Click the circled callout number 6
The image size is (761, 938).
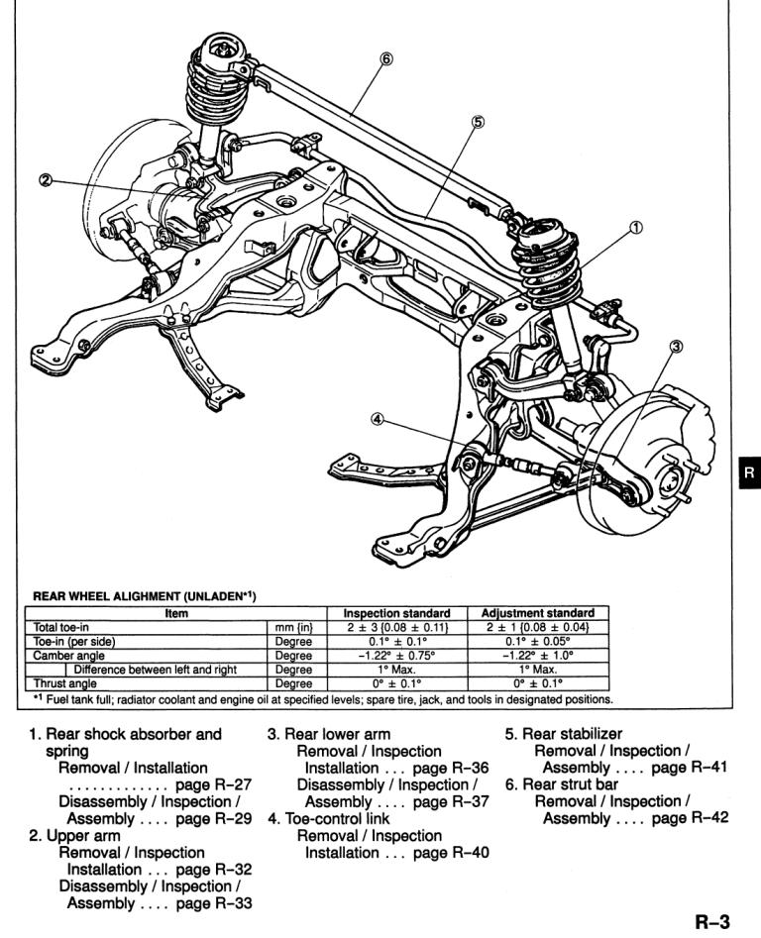point(386,58)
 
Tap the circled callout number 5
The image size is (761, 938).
point(478,122)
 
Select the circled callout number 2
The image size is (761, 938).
point(46,179)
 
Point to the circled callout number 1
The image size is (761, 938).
point(636,228)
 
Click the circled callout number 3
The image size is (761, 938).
point(676,346)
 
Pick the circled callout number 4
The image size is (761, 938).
point(377,419)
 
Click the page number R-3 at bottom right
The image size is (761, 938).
point(711,922)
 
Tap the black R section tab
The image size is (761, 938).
point(750,472)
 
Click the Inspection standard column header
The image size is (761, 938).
point(396,613)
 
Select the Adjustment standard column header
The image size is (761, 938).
point(538,613)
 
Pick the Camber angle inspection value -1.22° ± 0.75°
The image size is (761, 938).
point(396,655)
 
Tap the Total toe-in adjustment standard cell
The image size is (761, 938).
point(538,628)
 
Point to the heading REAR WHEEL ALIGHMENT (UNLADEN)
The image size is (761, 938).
point(145,596)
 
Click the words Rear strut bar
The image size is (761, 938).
point(570,784)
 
